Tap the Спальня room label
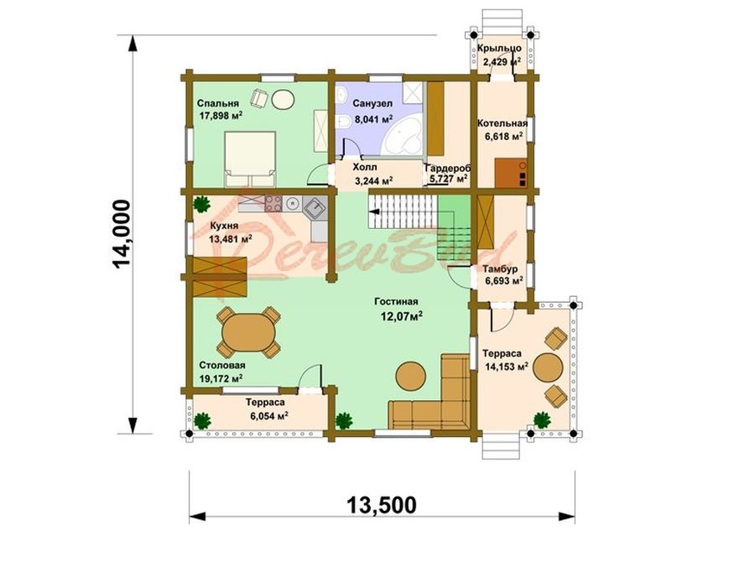click(218, 103)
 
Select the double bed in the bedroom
click(250, 159)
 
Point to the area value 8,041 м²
click(373, 118)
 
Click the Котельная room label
click(502, 123)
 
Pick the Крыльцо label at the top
click(499, 48)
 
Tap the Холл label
click(365, 167)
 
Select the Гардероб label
click(448, 169)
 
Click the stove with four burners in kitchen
click(273, 204)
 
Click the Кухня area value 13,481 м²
click(231, 239)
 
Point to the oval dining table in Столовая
click(247, 331)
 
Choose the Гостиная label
click(396, 302)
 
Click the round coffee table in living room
click(411, 374)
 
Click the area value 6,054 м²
click(269, 416)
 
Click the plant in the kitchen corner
click(201, 203)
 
